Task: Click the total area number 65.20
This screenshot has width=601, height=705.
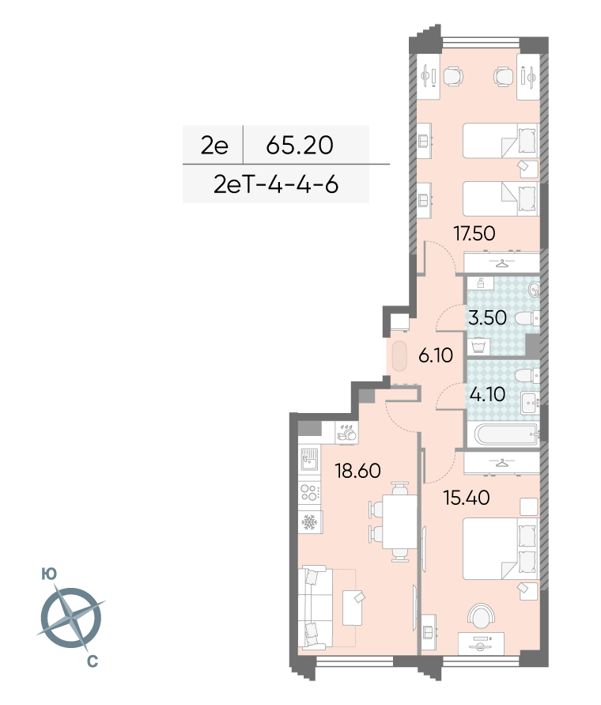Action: pyautogui.click(x=300, y=145)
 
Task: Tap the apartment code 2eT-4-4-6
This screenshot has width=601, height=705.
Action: pyautogui.click(x=276, y=184)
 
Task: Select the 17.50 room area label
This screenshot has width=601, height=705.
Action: pyautogui.click(x=474, y=233)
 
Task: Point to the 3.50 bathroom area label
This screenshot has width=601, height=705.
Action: pyautogui.click(x=487, y=318)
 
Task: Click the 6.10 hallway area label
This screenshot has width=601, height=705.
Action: pyautogui.click(x=436, y=355)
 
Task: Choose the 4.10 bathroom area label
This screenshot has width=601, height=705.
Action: pyautogui.click(x=487, y=394)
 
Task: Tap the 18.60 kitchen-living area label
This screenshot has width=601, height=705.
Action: pyautogui.click(x=357, y=471)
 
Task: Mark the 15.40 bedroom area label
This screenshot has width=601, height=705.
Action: pyautogui.click(x=467, y=498)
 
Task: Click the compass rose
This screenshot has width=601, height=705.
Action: pyautogui.click(x=71, y=618)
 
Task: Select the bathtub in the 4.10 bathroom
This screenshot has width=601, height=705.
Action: pyautogui.click(x=506, y=434)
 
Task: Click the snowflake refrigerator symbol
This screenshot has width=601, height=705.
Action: pyautogui.click(x=309, y=522)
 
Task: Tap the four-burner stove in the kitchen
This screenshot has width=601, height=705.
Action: pyautogui.click(x=309, y=491)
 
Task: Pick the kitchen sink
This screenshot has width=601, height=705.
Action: pyautogui.click(x=309, y=460)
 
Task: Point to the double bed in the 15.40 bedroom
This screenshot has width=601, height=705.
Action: pyautogui.click(x=501, y=549)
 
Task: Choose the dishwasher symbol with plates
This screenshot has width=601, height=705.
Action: pyautogui.click(x=346, y=433)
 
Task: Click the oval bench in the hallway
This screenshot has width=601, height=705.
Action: pyautogui.click(x=399, y=357)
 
